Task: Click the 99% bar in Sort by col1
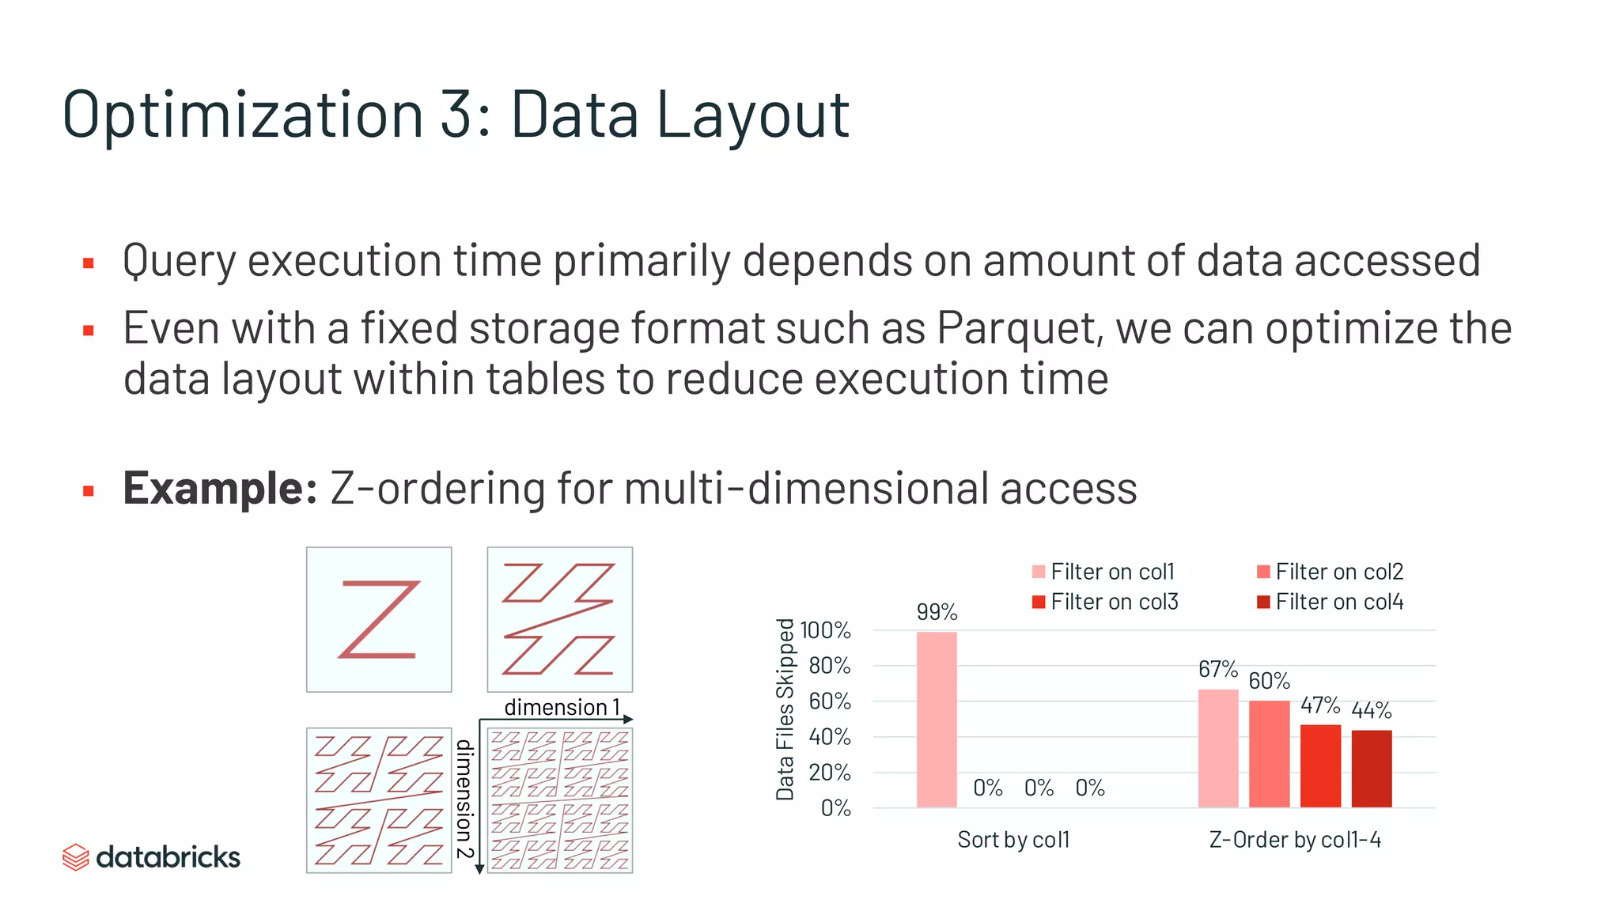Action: tap(937, 719)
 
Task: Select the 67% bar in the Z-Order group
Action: tap(1218, 748)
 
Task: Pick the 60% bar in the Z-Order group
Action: tap(1269, 754)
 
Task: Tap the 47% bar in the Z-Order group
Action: tap(1320, 765)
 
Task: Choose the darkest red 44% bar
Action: tap(1372, 769)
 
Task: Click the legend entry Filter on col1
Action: tap(1103, 572)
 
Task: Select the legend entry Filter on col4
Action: tap(1330, 602)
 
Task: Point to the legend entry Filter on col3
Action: tap(1105, 602)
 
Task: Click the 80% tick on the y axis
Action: tap(829, 666)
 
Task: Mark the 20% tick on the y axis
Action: tap(829, 773)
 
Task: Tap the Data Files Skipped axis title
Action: tap(785, 709)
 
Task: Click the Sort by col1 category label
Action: tap(1013, 839)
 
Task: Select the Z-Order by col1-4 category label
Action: tap(1295, 839)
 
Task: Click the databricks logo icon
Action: tap(76, 857)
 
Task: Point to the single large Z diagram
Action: tap(379, 619)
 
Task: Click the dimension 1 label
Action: tap(562, 707)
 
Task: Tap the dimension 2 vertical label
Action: tap(464, 799)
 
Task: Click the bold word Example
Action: tap(219, 488)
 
